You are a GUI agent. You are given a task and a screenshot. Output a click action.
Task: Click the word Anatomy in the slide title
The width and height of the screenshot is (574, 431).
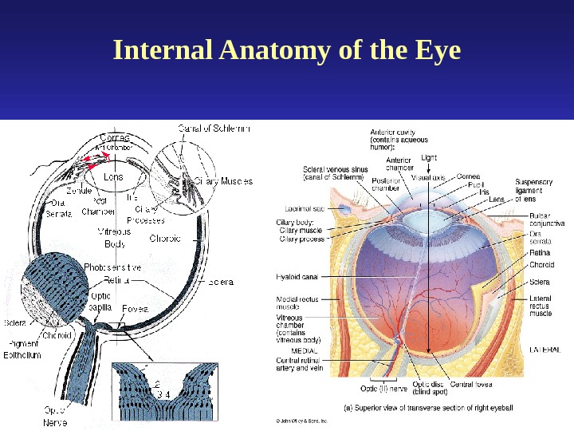(264, 52)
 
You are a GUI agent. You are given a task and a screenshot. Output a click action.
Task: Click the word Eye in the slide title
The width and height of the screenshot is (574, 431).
(436, 51)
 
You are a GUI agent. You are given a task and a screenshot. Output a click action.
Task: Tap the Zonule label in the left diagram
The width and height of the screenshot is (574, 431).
(78, 192)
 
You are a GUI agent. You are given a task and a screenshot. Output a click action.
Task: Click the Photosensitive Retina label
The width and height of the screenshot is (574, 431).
(112, 274)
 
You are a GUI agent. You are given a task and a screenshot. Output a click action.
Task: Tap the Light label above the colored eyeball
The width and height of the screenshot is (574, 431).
(429, 157)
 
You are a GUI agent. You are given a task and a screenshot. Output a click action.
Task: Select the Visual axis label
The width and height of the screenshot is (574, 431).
(428, 176)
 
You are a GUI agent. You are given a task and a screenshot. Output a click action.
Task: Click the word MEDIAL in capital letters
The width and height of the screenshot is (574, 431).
(305, 350)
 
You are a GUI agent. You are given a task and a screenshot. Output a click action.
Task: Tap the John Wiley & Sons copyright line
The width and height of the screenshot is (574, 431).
(302, 418)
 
